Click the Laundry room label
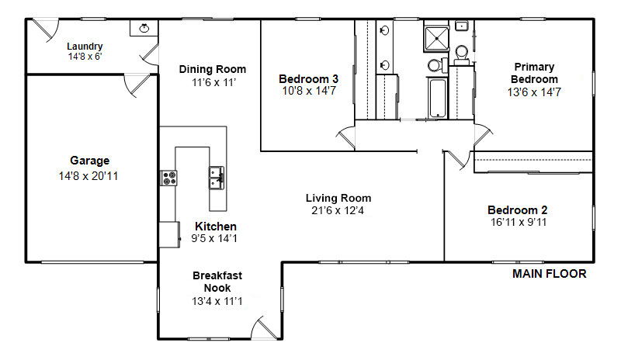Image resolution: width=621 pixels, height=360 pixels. click(85, 47)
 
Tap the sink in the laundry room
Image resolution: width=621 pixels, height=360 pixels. click(144, 28)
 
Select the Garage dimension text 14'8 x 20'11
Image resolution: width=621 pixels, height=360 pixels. click(88, 176)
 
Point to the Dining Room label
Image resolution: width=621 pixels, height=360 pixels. click(212, 69)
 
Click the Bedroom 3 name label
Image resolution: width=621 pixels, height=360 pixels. click(308, 79)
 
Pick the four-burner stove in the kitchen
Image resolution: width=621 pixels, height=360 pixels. click(169, 178)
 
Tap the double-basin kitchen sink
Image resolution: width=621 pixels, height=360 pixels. click(217, 178)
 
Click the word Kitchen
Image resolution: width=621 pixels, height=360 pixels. click(216, 226)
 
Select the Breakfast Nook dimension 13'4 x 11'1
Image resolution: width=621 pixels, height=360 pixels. click(217, 301)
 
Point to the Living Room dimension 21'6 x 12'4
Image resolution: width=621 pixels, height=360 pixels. click(338, 210)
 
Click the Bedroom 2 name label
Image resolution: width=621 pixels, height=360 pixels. click(517, 210)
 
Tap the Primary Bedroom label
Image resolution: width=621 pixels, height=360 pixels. click(534, 73)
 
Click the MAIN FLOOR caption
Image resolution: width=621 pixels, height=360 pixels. click(550, 274)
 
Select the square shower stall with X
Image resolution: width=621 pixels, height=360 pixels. click(436, 39)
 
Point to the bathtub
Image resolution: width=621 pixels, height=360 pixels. click(437, 98)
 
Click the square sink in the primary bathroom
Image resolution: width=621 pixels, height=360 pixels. click(461, 26)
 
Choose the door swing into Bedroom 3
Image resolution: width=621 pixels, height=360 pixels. click(345, 137)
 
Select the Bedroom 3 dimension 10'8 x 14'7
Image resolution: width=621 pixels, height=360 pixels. click(309, 91)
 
